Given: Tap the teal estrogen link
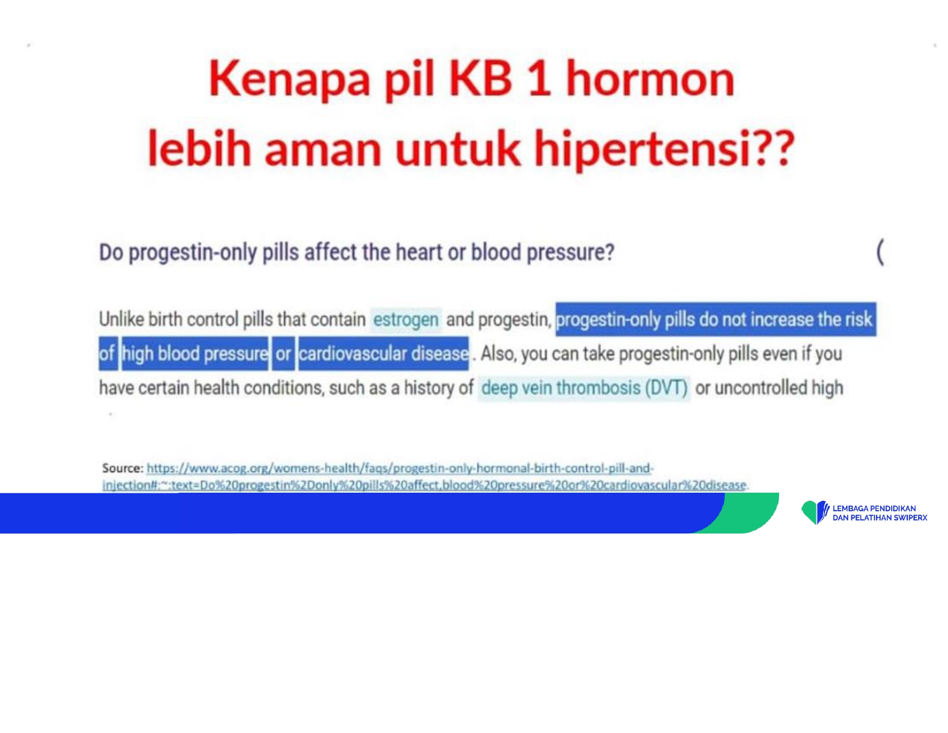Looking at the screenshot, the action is (x=406, y=320).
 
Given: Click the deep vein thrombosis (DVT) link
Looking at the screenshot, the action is (x=584, y=387).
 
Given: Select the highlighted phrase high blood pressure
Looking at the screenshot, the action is (x=195, y=354).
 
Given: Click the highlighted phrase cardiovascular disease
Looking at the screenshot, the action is (x=383, y=354).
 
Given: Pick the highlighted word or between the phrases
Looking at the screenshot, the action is (x=283, y=354).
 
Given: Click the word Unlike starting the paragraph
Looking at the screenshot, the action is (x=121, y=319).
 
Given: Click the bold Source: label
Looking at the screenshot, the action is (x=122, y=468).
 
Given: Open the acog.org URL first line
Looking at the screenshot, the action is (x=400, y=469).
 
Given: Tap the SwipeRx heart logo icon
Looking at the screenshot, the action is (x=815, y=512).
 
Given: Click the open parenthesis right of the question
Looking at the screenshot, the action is (x=880, y=252).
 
